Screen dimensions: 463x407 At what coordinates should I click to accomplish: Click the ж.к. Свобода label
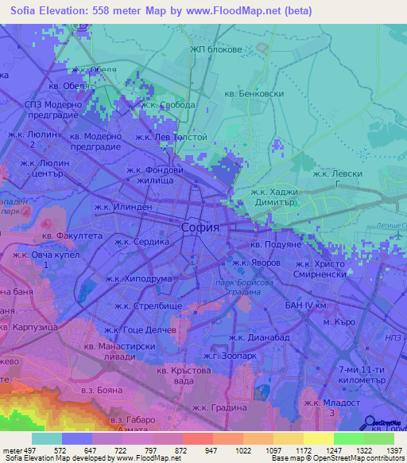click(x=168, y=104)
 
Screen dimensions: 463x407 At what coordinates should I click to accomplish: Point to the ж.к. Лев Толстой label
click(x=171, y=137)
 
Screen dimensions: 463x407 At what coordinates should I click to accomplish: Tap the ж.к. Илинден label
click(x=122, y=208)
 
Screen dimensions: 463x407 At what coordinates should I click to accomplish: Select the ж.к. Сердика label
click(x=142, y=242)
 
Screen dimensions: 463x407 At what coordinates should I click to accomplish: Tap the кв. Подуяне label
click(x=277, y=245)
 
